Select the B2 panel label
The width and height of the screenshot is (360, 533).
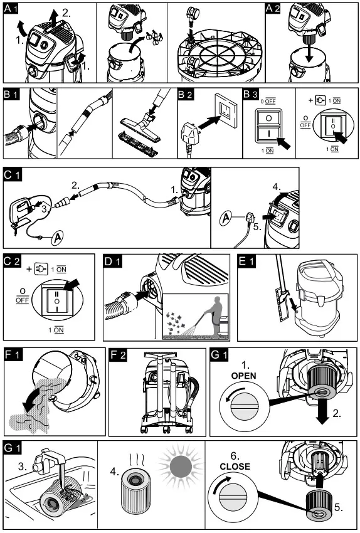tap(186, 95)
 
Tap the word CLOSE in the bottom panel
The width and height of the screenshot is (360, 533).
tap(235, 467)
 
